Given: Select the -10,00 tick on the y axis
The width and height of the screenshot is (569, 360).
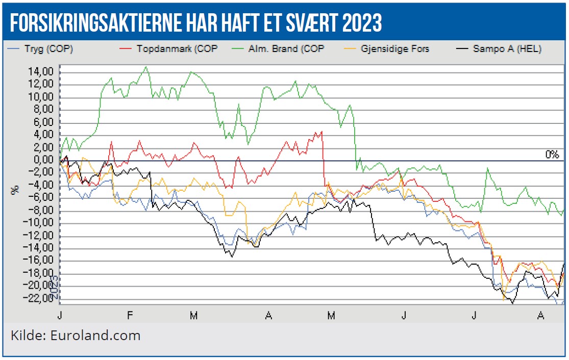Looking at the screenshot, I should tap(40, 223).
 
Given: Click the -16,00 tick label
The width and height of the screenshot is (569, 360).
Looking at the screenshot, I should tap(40, 261).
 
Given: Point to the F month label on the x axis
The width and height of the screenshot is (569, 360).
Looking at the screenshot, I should tap(130, 316).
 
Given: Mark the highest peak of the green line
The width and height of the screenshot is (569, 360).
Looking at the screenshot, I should tap(146, 67).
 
